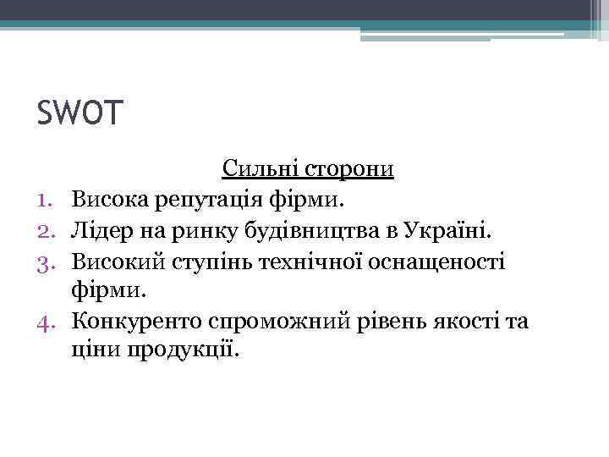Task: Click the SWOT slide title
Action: pos(80,112)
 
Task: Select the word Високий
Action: pos(116,261)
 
